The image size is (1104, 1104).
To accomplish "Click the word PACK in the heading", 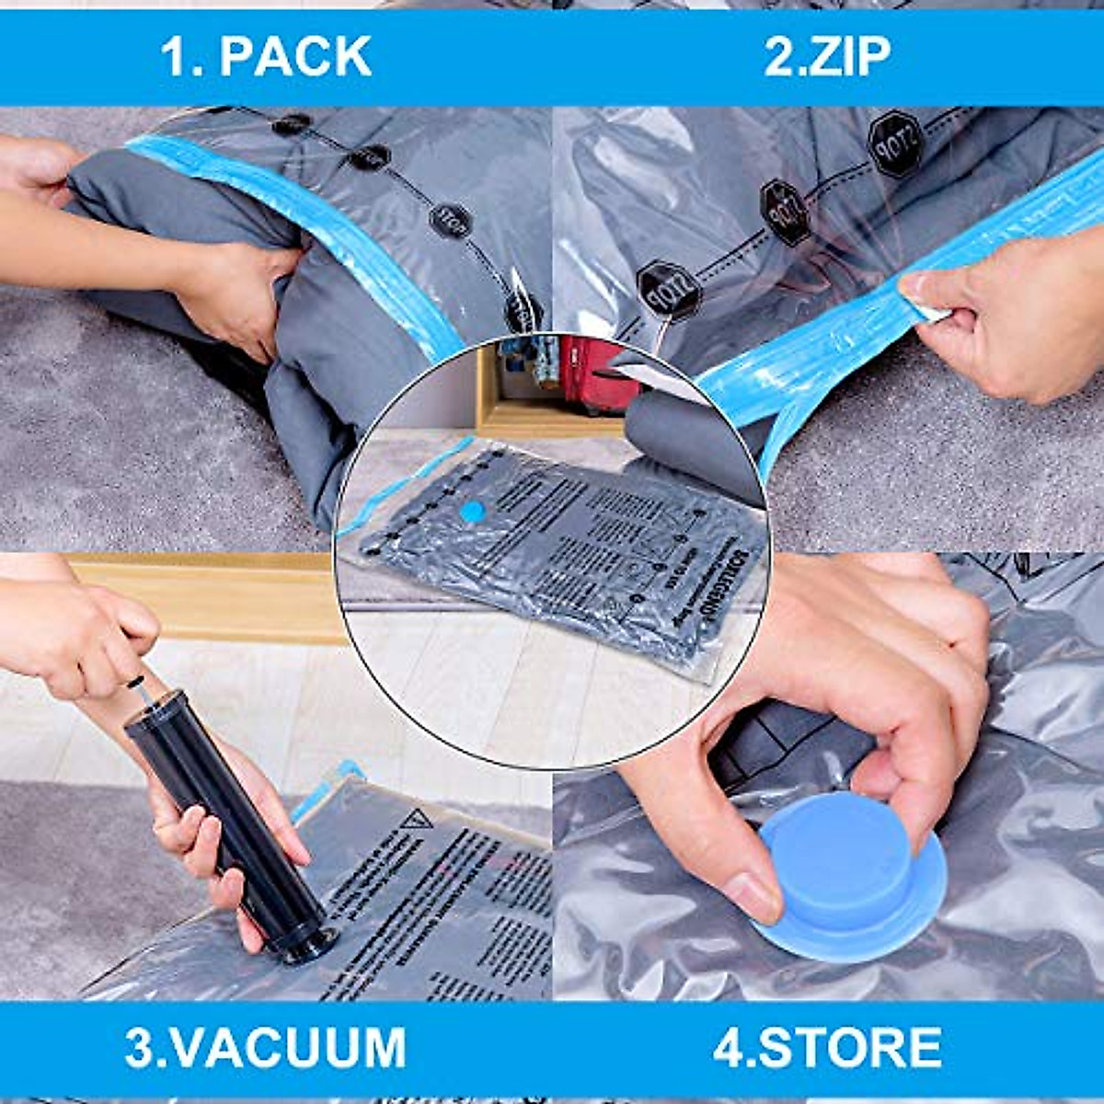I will (x=295, y=57).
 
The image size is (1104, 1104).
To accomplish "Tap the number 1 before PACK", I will (x=175, y=57).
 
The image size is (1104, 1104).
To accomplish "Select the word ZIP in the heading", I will (x=852, y=57).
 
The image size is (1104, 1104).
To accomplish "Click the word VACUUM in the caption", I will (x=291, y=1046).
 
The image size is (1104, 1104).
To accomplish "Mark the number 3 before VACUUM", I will (x=140, y=1046).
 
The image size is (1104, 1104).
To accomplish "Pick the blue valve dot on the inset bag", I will (x=472, y=512).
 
